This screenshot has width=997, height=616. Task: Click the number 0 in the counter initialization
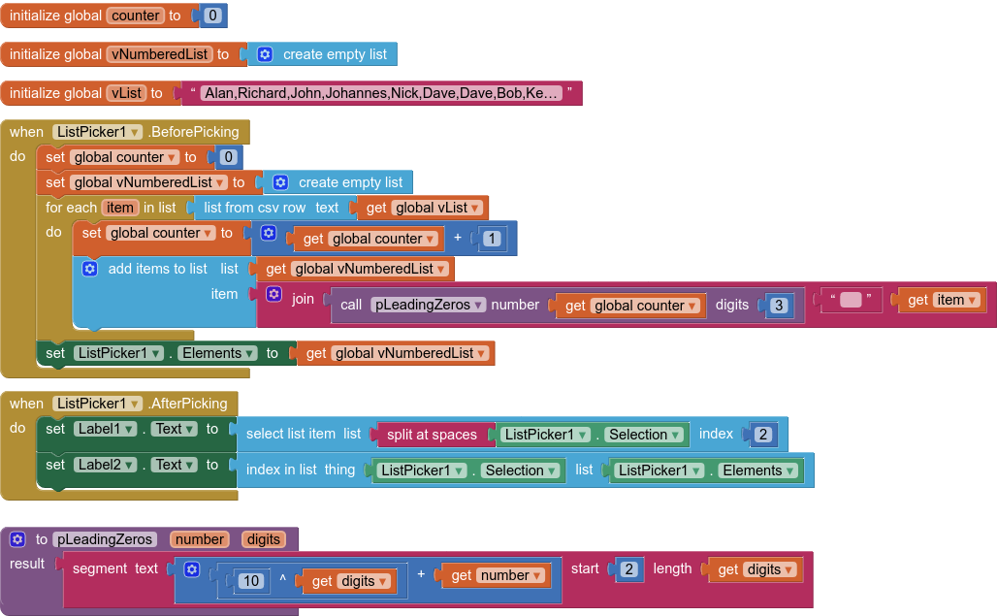pyautogui.click(x=212, y=16)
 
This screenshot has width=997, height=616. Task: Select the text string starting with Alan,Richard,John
pyautogui.click(x=381, y=93)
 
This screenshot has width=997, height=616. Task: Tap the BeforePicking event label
pyautogui.click(x=194, y=132)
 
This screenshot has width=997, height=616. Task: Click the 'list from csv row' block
pyautogui.click(x=254, y=208)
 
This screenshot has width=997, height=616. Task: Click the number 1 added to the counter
pyautogui.click(x=493, y=239)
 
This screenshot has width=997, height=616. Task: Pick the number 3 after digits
pyautogui.click(x=779, y=306)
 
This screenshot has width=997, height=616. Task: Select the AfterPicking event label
pyautogui.click(x=188, y=404)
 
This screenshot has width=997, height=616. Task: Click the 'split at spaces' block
pyautogui.click(x=432, y=435)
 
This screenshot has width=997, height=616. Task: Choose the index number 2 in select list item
pyautogui.click(x=762, y=435)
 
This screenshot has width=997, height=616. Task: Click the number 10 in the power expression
pyautogui.click(x=251, y=581)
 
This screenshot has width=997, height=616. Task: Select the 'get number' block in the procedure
pyautogui.click(x=498, y=575)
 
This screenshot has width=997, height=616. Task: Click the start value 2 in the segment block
pyautogui.click(x=629, y=569)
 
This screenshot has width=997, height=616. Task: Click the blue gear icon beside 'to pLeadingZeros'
pyautogui.click(x=17, y=539)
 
